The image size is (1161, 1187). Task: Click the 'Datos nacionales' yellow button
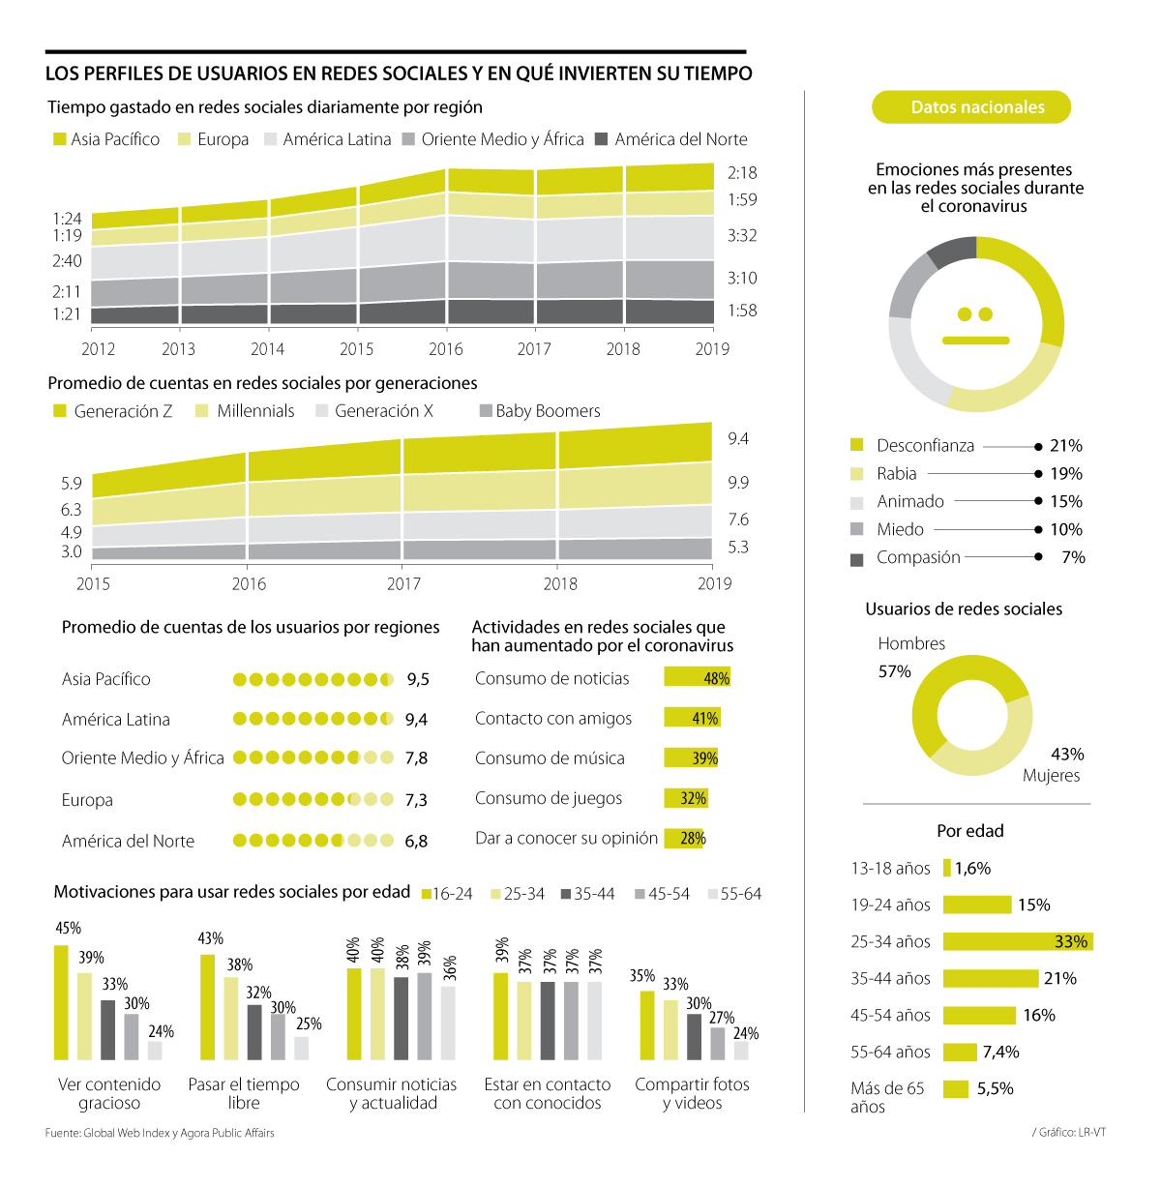971,107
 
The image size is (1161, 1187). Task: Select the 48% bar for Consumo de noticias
697,677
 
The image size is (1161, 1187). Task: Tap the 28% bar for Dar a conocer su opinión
684,838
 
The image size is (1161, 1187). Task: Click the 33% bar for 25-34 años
1017,941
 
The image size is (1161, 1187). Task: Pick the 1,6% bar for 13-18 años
947,868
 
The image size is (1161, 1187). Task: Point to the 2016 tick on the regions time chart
445,348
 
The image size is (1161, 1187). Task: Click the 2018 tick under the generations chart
560,583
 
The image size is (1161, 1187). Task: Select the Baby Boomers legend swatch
487,411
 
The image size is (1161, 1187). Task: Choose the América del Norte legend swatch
601,139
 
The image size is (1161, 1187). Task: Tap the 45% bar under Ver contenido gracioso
61,1002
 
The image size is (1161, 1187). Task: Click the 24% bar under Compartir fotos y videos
741,1051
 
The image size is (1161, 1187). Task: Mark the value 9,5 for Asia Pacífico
418,679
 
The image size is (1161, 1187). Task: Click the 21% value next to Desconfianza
1066,446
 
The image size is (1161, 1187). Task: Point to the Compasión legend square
856,559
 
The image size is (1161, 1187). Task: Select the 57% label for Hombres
894,671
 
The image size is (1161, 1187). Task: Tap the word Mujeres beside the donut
1051,775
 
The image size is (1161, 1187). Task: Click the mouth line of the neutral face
975,341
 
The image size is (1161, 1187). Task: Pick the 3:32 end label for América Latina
742,235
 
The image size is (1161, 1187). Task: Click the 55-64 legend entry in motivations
734,894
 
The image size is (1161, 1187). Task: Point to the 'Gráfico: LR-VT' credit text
1069,1132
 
